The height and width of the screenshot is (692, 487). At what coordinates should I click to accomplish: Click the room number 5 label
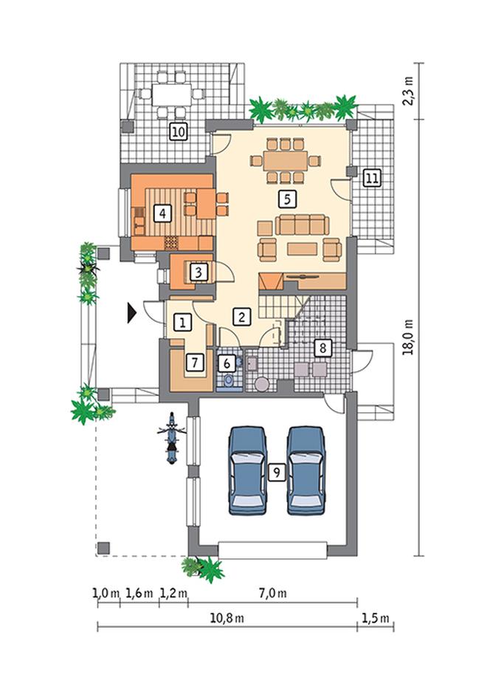coord(287,199)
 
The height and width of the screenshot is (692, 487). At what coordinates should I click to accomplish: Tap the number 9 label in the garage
coord(277,473)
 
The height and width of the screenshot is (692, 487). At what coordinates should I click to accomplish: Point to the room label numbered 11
coord(371,178)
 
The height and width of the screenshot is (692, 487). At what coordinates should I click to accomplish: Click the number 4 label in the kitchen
coord(162,214)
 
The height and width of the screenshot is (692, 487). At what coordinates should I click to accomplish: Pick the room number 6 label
coord(227,363)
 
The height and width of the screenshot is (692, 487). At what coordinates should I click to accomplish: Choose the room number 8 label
coord(322,348)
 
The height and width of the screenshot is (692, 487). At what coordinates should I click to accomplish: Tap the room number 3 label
coord(198,272)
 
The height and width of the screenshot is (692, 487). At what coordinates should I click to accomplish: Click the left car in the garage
coord(247,470)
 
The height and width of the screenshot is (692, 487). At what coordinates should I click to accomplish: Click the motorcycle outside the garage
coord(171,438)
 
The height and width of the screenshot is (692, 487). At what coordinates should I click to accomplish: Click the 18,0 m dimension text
coord(410,338)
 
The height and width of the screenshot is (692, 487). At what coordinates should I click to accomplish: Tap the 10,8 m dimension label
coord(227,618)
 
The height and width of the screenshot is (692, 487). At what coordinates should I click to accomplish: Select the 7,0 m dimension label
coord(272,593)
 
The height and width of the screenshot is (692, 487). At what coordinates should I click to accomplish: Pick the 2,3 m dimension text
coord(410,91)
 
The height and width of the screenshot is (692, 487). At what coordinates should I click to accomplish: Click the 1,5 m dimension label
coord(376,618)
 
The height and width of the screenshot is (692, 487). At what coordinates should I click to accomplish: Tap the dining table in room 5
coord(286,161)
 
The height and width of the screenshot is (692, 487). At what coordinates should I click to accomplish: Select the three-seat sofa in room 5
coord(302,225)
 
